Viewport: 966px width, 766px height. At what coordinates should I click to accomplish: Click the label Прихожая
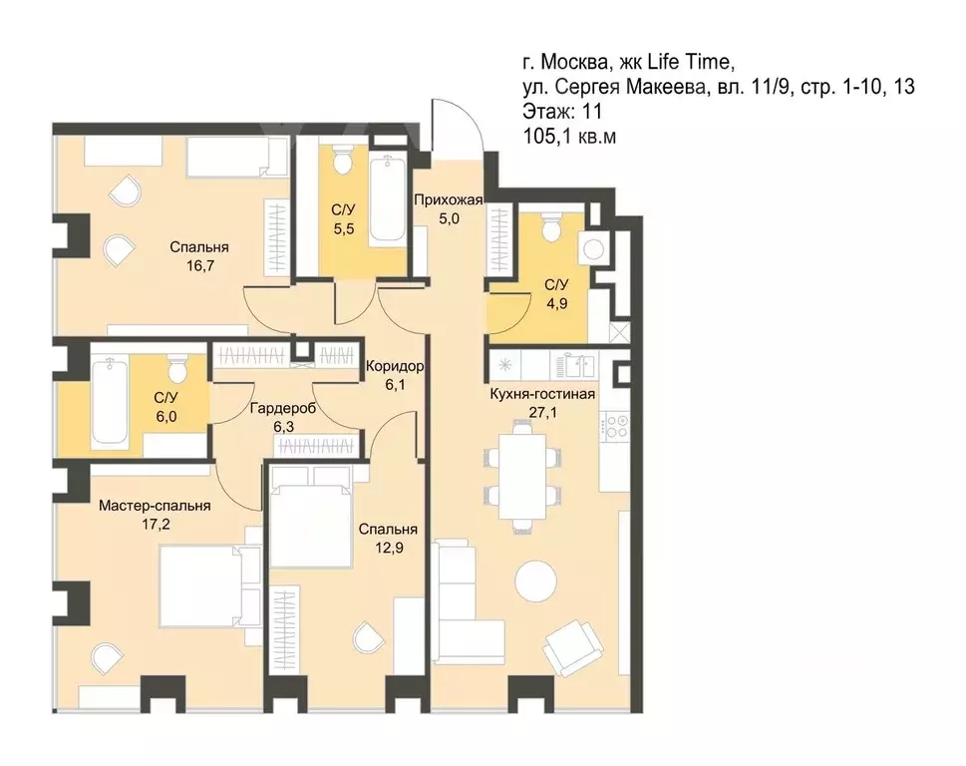tap(448, 199)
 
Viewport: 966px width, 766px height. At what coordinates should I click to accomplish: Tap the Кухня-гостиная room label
tap(542, 394)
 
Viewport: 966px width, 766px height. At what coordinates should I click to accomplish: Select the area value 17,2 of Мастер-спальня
tap(156, 525)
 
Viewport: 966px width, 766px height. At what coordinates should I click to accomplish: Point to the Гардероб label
tap(283, 408)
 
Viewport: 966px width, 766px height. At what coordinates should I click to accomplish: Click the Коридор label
tap(395, 367)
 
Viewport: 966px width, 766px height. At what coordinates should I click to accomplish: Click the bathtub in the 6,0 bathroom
tap(110, 402)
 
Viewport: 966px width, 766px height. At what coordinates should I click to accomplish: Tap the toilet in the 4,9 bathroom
tap(549, 226)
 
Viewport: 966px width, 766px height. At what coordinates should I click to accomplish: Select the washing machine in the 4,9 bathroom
tap(594, 249)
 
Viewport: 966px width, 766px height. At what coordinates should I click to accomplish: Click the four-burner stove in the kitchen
tap(615, 426)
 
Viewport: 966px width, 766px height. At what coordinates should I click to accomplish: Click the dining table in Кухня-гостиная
tap(521, 477)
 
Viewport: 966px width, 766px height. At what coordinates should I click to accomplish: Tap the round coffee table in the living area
tap(535, 580)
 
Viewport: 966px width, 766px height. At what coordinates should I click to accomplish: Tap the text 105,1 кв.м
tap(569, 137)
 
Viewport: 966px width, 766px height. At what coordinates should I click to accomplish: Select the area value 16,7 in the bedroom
tap(199, 266)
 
